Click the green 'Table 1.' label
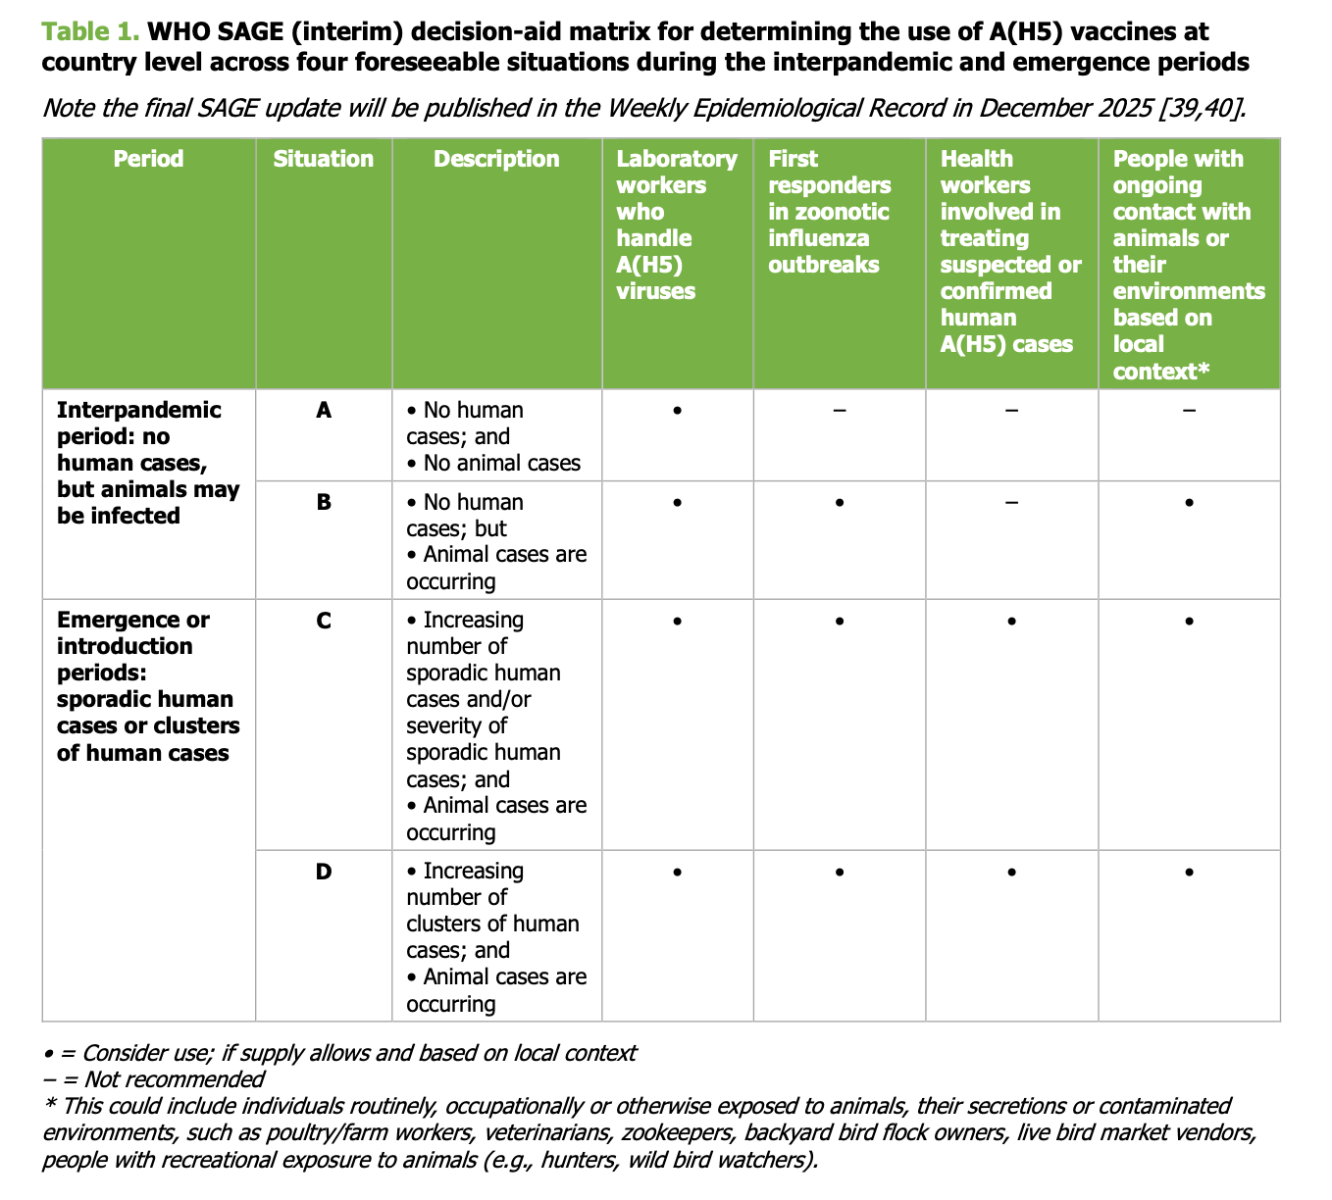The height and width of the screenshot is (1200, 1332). (x=91, y=31)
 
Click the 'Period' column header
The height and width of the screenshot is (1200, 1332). (x=148, y=159)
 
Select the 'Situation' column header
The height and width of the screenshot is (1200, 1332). (x=323, y=159)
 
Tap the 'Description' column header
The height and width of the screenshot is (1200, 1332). (x=496, y=159)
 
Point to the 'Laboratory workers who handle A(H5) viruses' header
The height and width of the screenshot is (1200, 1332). (x=676, y=225)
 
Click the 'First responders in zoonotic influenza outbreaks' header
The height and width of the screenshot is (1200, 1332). (x=830, y=212)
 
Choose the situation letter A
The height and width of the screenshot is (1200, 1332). (x=324, y=410)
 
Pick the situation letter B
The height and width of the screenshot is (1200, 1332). (x=324, y=502)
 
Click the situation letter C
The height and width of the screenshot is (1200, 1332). (x=324, y=621)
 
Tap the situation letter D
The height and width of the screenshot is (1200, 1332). (x=324, y=871)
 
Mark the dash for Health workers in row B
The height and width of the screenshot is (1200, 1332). (x=1011, y=502)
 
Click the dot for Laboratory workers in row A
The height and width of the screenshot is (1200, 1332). (x=677, y=410)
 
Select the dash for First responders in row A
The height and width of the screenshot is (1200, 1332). (x=840, y=410)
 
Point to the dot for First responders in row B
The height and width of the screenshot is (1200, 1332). (x=840, y=503)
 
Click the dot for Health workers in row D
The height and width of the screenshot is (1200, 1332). (x=1011, y=872)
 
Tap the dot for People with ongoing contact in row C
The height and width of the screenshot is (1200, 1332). (x=1189, y=622)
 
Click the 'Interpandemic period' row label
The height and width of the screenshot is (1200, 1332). (x=148, y=463)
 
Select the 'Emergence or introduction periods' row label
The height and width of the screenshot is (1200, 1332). (x=148, y=686)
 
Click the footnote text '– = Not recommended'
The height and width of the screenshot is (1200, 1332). (x=154, y=1079)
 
